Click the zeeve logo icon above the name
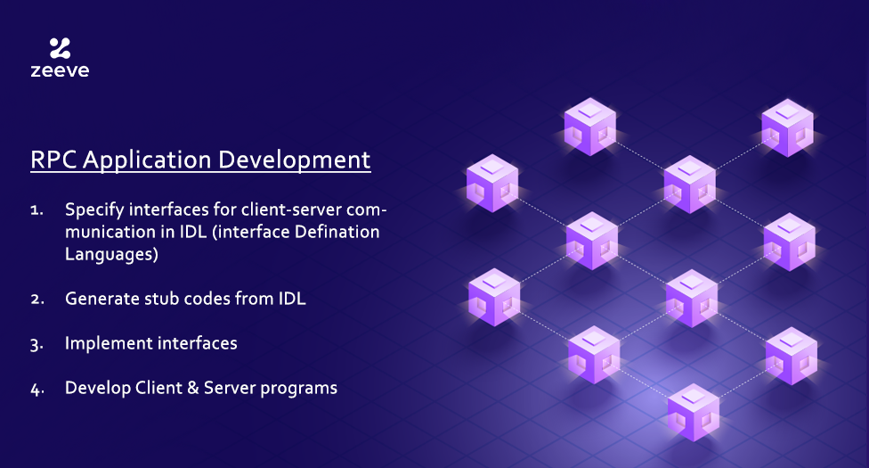[x=60, y=48]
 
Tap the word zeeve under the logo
[x=60, y=70]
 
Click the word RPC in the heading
[x=53, y=160]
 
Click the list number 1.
[x=37, y=210]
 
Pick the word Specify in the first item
[x=94, y=210]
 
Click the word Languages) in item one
[x=111, y=255]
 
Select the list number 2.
[x=37, y=300]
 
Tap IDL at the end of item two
[x=292, y=299]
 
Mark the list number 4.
[x=37, y=390]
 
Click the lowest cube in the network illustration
[x=694, y=412]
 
